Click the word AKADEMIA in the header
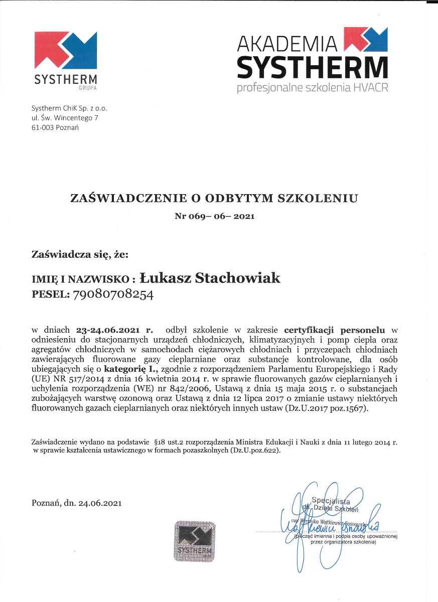288,44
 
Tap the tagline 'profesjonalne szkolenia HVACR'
312,88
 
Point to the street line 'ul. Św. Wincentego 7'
64,118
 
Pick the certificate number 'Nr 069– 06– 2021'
214,216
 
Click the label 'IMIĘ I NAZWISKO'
80,279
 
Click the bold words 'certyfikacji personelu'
335,330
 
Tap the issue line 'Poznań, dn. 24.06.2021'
76,502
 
